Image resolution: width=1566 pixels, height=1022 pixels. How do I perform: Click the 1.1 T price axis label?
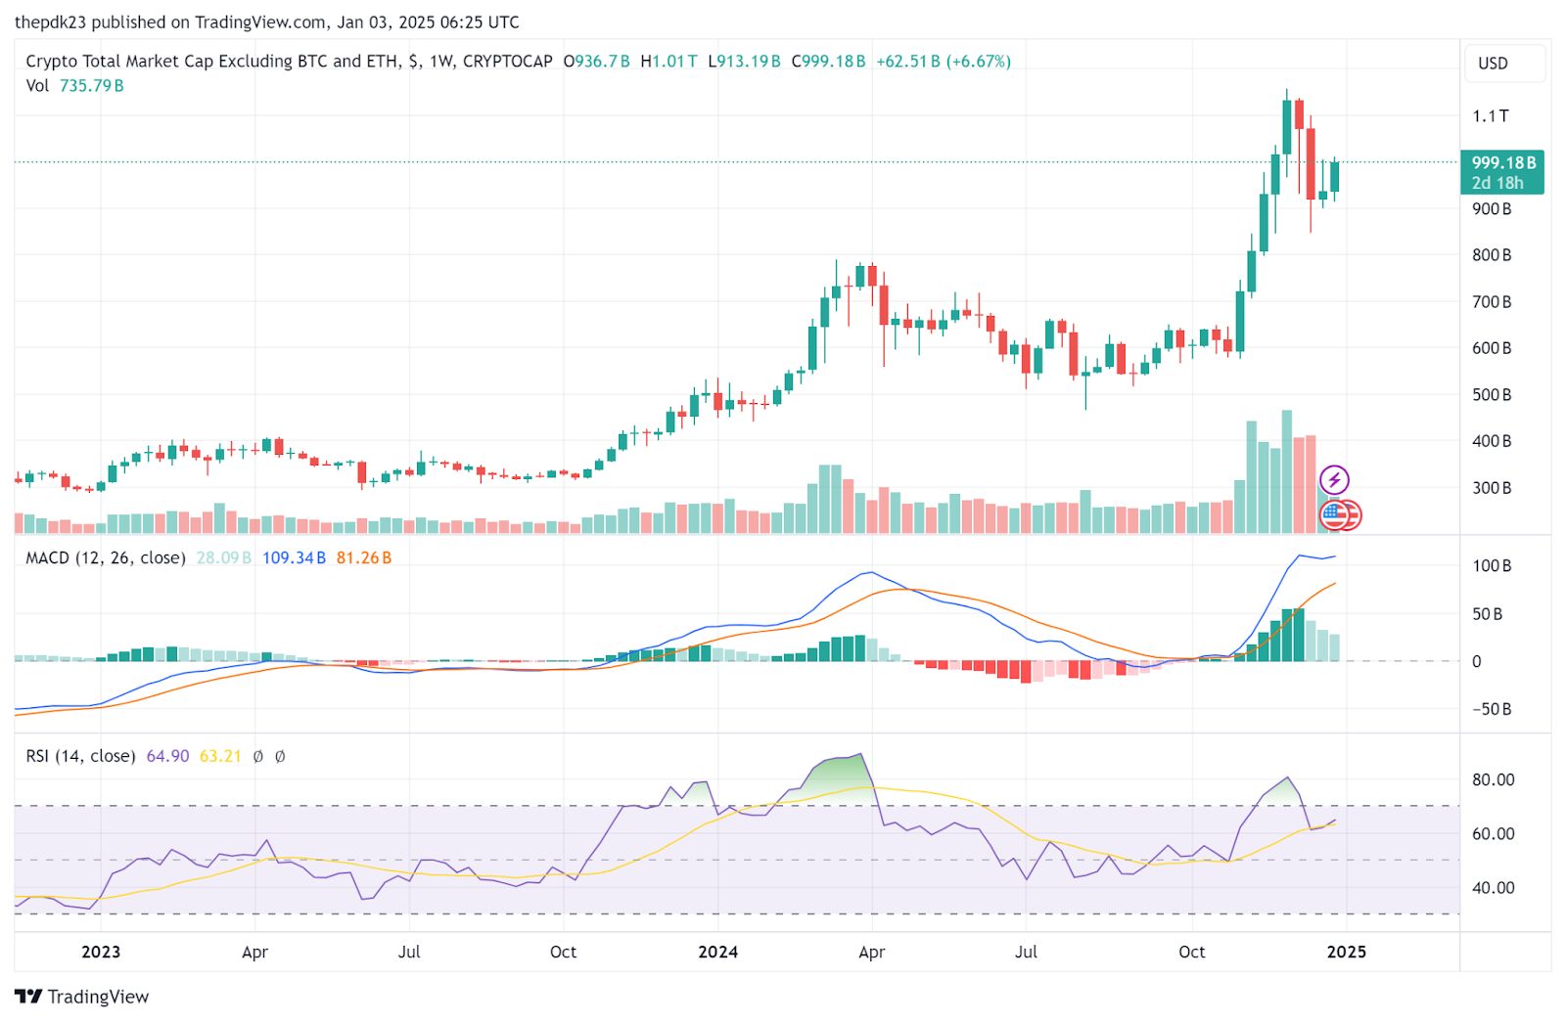[x=1491, y=116]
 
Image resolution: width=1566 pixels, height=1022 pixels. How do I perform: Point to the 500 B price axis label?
[x=1492, y=395]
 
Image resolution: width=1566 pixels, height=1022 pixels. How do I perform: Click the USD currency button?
[x=1493, y=64]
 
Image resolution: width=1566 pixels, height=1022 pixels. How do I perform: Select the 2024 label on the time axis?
[x=717, y=952]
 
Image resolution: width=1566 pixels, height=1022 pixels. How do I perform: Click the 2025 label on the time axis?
[x=1346, y=952]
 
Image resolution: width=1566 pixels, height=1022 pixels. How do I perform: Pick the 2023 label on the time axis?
[x=101, y=952]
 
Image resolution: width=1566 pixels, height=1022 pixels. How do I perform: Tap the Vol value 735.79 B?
[x=91, y=86]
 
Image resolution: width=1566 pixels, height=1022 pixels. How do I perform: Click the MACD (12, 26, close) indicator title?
[x=106, y=558]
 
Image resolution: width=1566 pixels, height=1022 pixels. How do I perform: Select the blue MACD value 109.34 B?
[x=294, y=558]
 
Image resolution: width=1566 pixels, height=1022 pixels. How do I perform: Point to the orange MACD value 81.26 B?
[x=363, y=558]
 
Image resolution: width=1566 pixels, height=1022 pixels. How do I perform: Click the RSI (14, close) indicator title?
[x=80, y=756]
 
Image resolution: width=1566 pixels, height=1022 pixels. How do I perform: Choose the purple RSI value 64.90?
[x=167, y=756]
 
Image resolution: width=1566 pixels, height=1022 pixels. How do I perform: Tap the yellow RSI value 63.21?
[x=219, y=756]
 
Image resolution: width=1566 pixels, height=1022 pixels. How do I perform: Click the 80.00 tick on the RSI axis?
[x=1493, y=780]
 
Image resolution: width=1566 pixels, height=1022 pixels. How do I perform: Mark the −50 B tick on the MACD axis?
[x=1492, y=709]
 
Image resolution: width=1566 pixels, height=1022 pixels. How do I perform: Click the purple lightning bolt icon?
[x=1334, y=480]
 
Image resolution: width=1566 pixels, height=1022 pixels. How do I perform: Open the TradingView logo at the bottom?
[x=82, y=997]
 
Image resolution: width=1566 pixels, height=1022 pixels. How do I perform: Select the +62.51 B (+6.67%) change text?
[x=943, y=62]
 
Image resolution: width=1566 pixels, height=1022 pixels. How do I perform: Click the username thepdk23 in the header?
[x=50, y=22]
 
